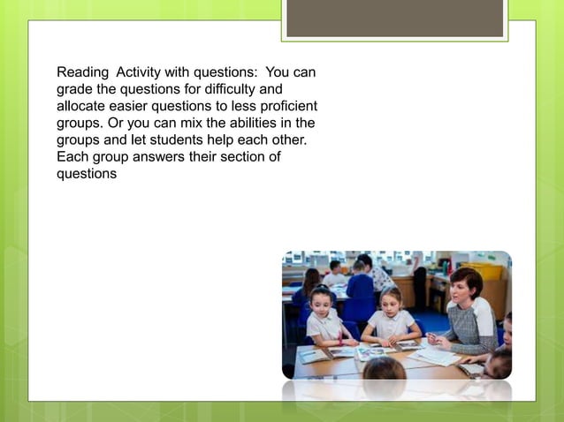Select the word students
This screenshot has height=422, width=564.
[x=166, y=139]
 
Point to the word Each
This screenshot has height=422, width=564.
[x=72, y=156]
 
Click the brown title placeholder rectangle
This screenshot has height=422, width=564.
[x=395, y=18]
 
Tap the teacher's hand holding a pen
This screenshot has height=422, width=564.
[x=435, y=338]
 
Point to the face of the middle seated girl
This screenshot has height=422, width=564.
[x=390, y=300]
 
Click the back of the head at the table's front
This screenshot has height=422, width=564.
[x=385, y=369]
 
